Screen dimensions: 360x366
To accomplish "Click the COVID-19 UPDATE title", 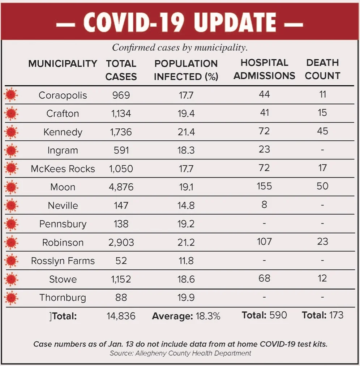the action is click(x=180, y=22).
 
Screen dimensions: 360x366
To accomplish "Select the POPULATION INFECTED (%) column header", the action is click(x=186, y=70).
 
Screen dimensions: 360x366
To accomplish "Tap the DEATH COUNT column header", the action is click(x=322, y=69).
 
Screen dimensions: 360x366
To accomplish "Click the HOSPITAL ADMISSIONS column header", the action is click(x=264, y=69).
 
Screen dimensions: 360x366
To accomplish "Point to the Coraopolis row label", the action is click(x=63, y=95).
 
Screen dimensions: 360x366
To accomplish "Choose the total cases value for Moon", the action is click(x=121, y=187).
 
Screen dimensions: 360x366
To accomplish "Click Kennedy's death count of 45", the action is click(x=322, y=131).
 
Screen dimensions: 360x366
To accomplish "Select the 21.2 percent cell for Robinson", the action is click(x=186, y=242).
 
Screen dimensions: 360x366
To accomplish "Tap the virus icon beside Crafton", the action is click(x=11, y=114).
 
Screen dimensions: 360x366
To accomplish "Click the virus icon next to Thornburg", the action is click(x=11, y=298).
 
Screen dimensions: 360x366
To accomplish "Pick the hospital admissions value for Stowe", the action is click(x=264, y=278).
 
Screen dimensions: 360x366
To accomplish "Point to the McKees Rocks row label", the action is click(x=63, y=169).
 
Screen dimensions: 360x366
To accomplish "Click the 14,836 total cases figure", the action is click(x=121, y=316).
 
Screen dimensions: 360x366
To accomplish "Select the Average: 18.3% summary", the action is click(x=186, y=316).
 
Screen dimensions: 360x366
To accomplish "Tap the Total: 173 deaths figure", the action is click(x=322, y=315).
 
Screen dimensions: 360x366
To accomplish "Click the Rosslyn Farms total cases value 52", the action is click(x=121, y=261).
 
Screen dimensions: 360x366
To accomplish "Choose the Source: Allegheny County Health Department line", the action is click(x=180, y=353).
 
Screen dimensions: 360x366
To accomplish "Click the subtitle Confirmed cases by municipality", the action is click(x=180, y=48).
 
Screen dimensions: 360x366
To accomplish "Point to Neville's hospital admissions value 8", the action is click(x=264, y=204).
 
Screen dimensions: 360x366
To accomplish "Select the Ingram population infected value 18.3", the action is click(x=186, y=150).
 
